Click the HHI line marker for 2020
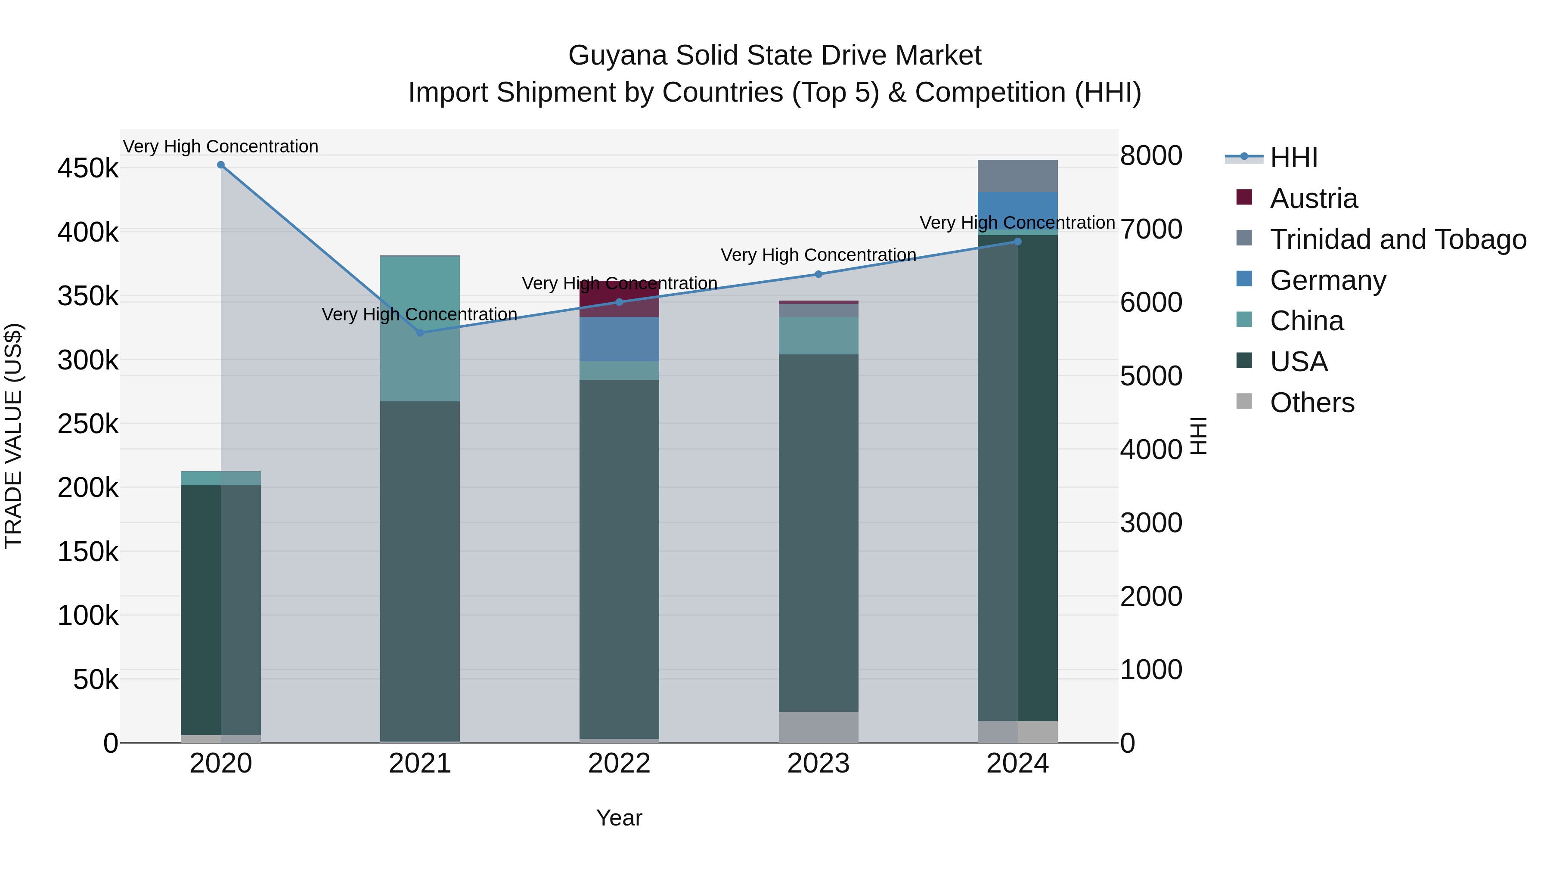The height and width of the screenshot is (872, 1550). click(x=221, y=165)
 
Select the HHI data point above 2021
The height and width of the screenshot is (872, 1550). click(x=420, y=333)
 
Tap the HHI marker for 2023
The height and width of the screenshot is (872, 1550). click(x=818, y=274)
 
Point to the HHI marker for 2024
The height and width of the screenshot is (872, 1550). click(x=1017, y=242)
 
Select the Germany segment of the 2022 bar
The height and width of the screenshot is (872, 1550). click(x=619, y=339)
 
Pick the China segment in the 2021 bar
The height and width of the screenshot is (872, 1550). click(x=420, y=329)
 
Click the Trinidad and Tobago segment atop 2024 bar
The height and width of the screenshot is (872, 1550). click(x=1017, y=176)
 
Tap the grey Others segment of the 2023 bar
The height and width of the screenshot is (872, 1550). click(x=818, y=727)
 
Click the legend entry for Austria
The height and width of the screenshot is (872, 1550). click(x=1314, y=199)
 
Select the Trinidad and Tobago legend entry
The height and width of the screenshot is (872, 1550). click(x=1397, y=239)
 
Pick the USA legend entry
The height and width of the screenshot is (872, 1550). click(x=1299, y=362)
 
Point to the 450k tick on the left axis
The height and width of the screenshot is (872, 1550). click(x=88, y=168)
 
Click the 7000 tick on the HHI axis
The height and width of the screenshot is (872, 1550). click(x=1151, y=229)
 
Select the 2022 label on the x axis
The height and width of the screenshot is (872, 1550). click(x=619, y=763)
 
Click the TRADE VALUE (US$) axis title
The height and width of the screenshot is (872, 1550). click(x=14, y=436)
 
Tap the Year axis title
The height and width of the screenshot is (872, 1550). click(x=619, y=818)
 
